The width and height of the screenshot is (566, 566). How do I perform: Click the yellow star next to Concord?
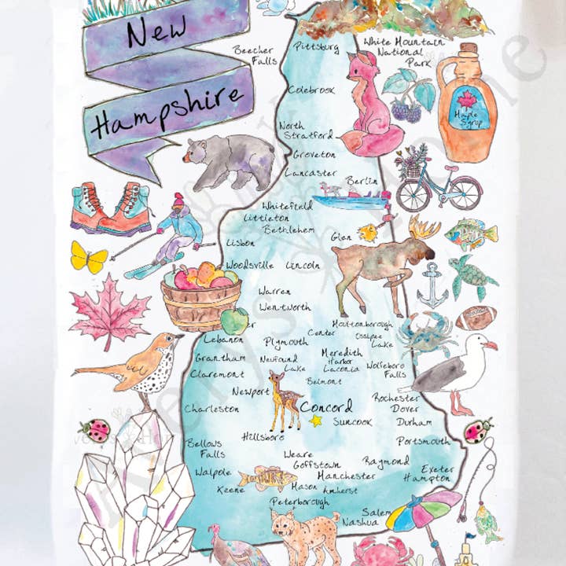(x=316, y=421)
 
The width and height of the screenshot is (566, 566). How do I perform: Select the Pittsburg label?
(x=316, y=47)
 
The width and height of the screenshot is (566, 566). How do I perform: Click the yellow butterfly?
(x=87, y=255)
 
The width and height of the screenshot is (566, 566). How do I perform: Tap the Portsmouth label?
(x=424, y=441)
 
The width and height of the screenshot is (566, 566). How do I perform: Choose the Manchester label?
(x=347, y=476)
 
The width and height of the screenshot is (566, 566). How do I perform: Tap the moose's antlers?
(x=423, y=230)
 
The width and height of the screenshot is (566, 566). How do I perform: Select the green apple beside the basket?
(x=234, y=319)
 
